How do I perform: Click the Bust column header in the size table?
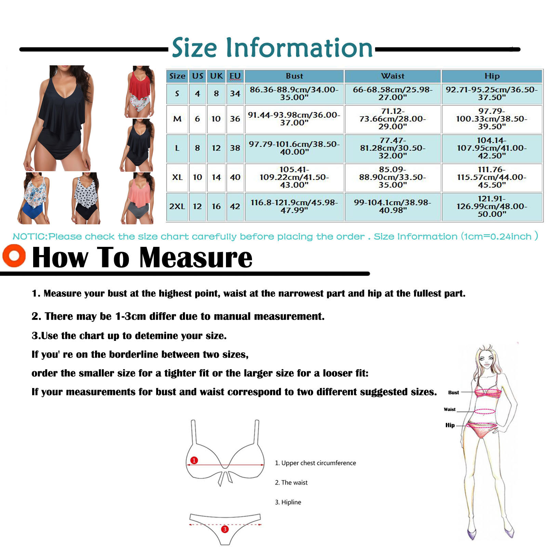coord(294,76)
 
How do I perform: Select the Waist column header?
coord(392,76)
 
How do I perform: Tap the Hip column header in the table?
coord(492,76)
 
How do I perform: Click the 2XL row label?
coord(177,206)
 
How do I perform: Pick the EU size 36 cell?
coord(235,119)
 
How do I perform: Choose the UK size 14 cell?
coord(216,177)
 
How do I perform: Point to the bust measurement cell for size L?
coord(294,148)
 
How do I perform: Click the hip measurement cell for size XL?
coord(492,177)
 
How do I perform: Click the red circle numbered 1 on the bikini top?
coord(194,460)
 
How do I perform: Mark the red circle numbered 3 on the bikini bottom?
coord(225,529)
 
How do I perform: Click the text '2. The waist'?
coord(291,482)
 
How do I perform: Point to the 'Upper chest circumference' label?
coord(319,463)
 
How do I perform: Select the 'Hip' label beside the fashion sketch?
coord(450,425)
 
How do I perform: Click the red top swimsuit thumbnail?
coord(138,91)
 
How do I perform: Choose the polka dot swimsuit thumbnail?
coord(86,198)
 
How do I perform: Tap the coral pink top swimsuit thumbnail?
coord(138,198)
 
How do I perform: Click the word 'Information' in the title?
coord(299,48)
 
